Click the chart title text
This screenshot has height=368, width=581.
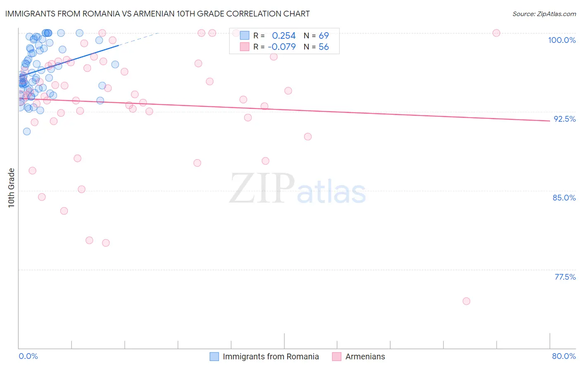[x=157, y=14]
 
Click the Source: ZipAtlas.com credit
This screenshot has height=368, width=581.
[x=544, y=14]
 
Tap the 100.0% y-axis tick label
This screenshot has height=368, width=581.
[x=562, y=40]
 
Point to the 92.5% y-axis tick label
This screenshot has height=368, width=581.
[x=564, y=119]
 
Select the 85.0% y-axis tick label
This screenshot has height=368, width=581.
[x=564, y=198]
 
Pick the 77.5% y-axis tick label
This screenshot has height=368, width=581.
[x=565, y=277]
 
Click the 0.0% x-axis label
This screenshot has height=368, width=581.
[x=28, y=356]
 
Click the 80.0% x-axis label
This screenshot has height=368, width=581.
[x=564, y=356]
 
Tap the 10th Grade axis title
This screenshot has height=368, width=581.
[x=12, y=188]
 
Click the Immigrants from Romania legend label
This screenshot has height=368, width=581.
[x=271, y=356]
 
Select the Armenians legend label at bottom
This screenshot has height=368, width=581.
[x=365, y=356]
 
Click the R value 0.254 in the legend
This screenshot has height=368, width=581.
[x=283, y=35]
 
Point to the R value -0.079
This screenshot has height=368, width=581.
[x=282, y=47]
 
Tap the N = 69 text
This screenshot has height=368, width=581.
[x=316, y=35]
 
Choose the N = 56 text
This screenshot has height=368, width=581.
[x=316, y=47]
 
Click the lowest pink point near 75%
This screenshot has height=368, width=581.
[x=466, y=301]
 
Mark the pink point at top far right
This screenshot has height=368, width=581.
[x=496, y=33]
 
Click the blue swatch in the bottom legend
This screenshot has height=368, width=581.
[x=214, y=356]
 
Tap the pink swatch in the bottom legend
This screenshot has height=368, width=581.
[x=337, y=356]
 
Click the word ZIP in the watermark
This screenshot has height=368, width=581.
[x=262, y=189]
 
